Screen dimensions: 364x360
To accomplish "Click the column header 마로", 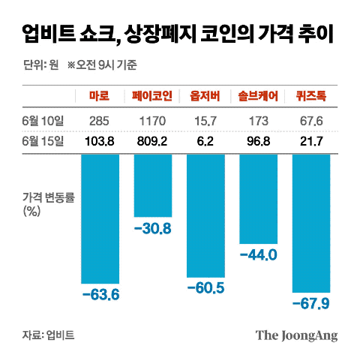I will pyautogui.click(x=99, y=97).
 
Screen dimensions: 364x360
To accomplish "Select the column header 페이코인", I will pyautogui.click(x=152, y=97).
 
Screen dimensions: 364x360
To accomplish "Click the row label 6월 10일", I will pyautogui.click(x=43, y=119).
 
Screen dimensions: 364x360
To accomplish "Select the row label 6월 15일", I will pyautogui.click(x=43, y=140).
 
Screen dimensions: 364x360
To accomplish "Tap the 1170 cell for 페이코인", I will pyautogui.click(x=152, y=119).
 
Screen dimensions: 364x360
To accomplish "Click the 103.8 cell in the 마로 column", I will pyautogui.click(x=99, y=140).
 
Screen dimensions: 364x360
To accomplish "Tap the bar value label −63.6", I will pyautogui.click(x=99, y=294).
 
